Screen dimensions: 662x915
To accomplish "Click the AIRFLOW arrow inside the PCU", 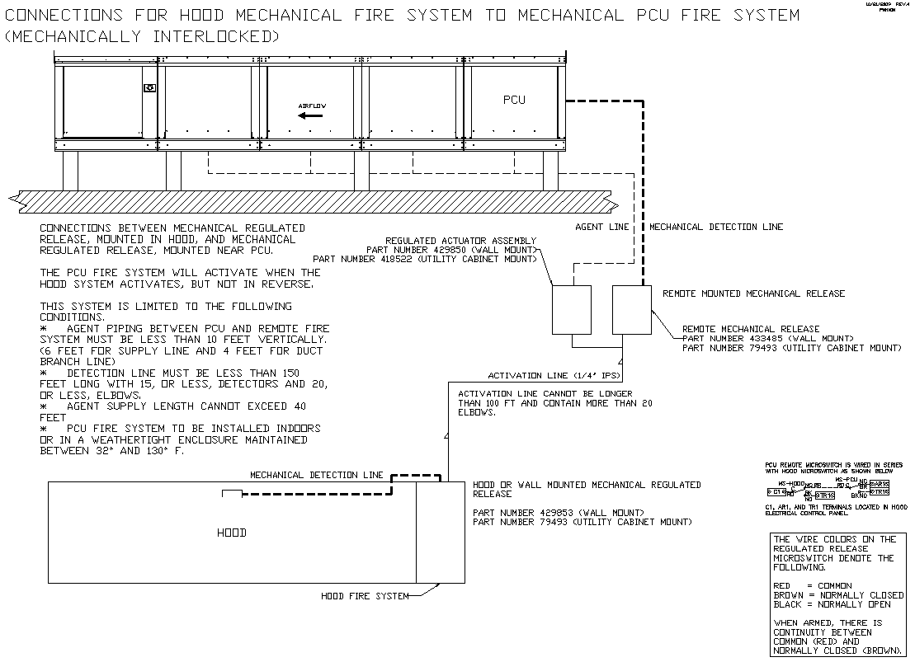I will tap(310, 115).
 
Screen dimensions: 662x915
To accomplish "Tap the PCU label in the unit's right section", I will tap(514, 100).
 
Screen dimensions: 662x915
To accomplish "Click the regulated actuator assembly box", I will tap(571, 309).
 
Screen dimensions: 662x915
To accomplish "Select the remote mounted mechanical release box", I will tap(632, 309).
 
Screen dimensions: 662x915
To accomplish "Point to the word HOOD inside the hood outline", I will tap(231, 533).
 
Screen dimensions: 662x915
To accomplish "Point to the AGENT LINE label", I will tap(601, 227).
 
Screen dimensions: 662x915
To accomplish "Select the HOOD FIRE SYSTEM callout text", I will tap(365, 596).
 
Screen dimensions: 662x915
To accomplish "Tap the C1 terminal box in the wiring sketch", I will tap(777, 491).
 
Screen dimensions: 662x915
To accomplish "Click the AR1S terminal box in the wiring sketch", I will tap(880, 484).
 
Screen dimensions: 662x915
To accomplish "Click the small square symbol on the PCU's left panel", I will tap(149, 88).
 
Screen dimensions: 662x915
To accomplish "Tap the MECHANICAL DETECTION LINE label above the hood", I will tap(317, 475).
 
